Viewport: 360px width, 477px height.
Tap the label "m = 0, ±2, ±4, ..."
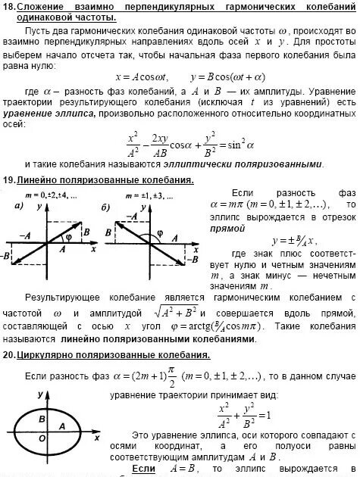coord(52,196)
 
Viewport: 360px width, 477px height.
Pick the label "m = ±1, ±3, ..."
coord(150,196)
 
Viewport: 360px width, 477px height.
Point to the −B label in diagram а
coord(7,258)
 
